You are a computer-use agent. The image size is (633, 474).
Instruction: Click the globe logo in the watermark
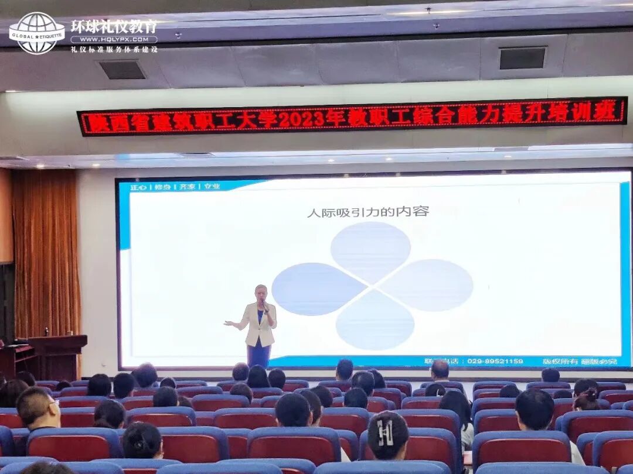[x=36, y=33]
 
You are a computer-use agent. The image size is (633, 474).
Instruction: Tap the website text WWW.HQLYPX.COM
[x=114, y=40]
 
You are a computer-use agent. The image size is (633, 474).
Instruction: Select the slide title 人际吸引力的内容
[x=367, y=212]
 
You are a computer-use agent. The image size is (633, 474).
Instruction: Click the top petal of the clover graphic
[x=370, y=250]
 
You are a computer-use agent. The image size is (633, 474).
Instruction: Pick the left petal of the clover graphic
[x=317, y=288]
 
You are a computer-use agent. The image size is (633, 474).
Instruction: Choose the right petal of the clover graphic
[x=428, y=285]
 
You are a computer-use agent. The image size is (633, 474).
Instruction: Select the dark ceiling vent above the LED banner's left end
[x=122, y=70]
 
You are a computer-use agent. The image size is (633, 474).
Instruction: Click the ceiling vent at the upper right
[x=522, y=58]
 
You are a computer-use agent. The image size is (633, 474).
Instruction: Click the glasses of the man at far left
[x=52, y=403]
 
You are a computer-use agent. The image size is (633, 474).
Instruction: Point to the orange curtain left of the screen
[x=46, y=252]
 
